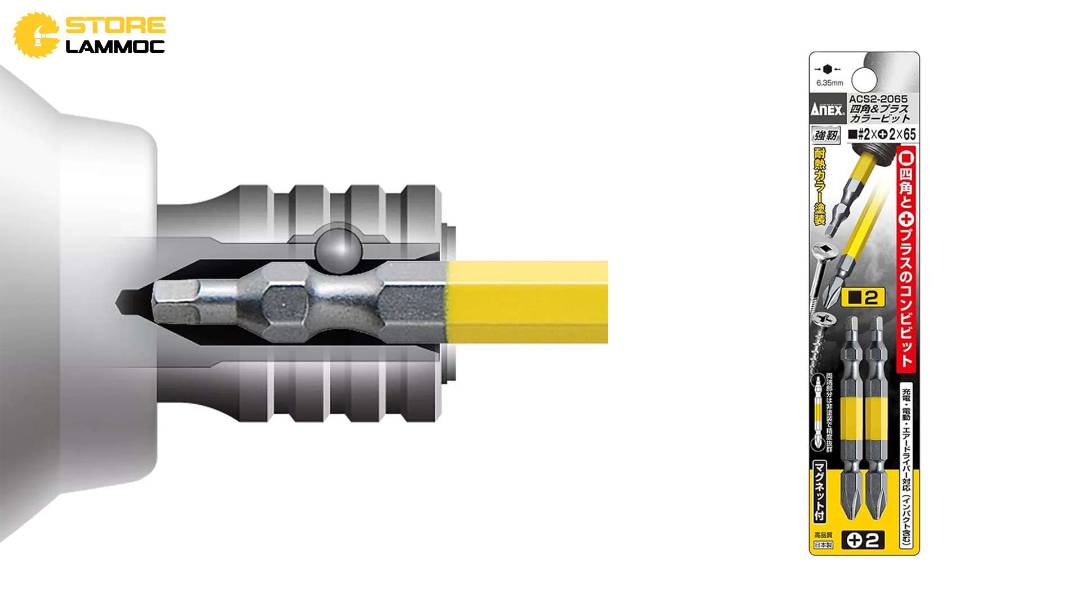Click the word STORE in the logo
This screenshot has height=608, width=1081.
(x=115, y=25)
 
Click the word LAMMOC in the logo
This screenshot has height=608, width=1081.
(x=115, y=47)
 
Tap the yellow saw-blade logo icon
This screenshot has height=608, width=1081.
(x=35, y=35)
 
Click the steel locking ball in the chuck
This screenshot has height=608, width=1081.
(x=338, y=248)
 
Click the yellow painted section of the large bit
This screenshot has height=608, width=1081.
(x=526, y=302)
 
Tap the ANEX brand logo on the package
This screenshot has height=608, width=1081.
(x=827, y=109)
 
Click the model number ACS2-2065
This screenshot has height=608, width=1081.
(x=878, y=99)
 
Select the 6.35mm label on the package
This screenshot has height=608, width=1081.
(x=829, y=83)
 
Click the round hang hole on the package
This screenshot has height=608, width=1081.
(x=864, y=79)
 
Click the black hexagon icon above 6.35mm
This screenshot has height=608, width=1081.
(x=827, y=69)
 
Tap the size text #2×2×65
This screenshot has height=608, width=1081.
(x=882, y=134)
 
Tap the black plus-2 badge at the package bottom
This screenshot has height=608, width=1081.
(x=863, y=540)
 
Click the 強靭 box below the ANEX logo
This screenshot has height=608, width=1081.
(x=826, y=135)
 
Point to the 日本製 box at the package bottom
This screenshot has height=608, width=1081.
(x=823, y=545)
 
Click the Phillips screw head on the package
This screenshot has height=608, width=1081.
(x=823, y=320)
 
